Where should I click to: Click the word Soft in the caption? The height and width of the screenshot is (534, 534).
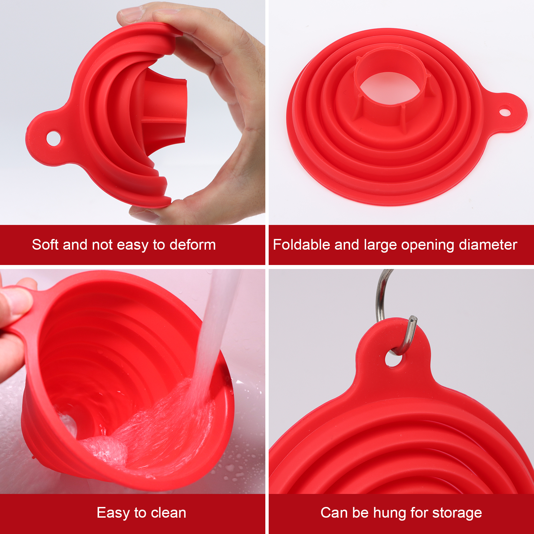45,245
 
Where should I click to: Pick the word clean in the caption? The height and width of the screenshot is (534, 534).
169,513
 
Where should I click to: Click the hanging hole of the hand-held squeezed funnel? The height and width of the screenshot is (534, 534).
53,138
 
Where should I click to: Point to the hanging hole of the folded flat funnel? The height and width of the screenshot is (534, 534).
505,111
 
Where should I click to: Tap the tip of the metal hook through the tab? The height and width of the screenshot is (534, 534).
414,318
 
